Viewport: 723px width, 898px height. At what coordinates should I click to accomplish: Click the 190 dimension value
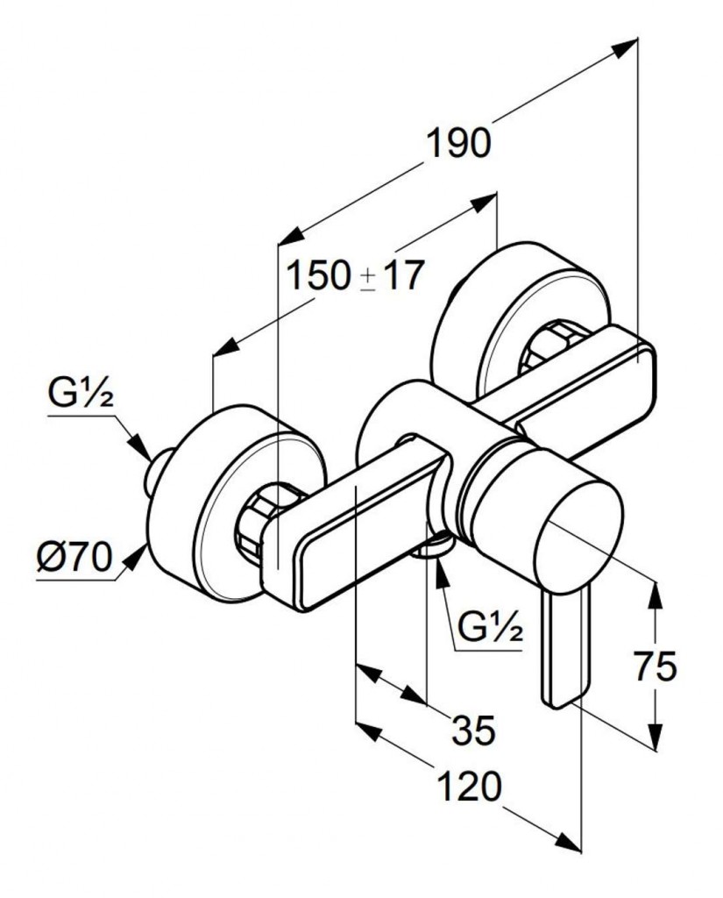(458, 143)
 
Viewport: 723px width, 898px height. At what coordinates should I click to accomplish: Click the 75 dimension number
(655, 667)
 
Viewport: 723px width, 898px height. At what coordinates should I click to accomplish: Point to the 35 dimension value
(474, 729)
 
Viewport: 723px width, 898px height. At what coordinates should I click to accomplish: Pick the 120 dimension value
(472, 787)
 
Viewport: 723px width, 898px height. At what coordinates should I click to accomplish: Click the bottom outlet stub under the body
(431, 548)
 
